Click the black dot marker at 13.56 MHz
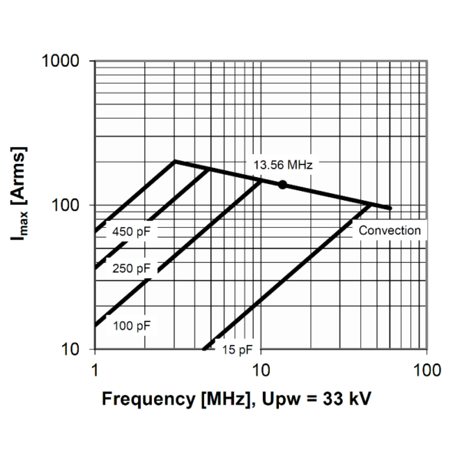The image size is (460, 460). click(282, 185)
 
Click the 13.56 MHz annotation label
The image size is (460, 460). click(284, 163)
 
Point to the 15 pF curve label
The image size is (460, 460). click(236, 350)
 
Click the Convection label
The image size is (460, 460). click(390, 230)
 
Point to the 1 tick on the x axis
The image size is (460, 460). click(94, 371)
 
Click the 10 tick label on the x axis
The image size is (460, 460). click(260, 371)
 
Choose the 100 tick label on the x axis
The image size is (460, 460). click(426, 371)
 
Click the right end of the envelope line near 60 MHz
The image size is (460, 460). click(390, 208)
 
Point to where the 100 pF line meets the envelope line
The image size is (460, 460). click(262, 181)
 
